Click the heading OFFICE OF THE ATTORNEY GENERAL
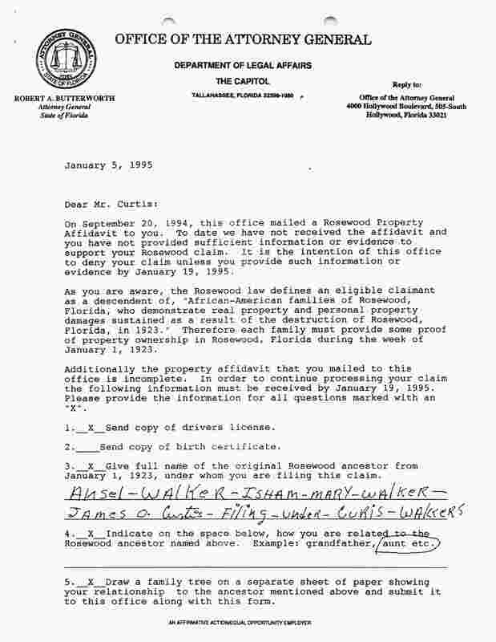pos(242,39)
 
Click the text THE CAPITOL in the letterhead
pos(241,82)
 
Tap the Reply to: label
pos(406,84)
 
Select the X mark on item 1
pos(86,426)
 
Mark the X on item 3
pos(86,465)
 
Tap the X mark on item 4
pos(86,533)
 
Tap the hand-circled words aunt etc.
pos(409,543)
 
